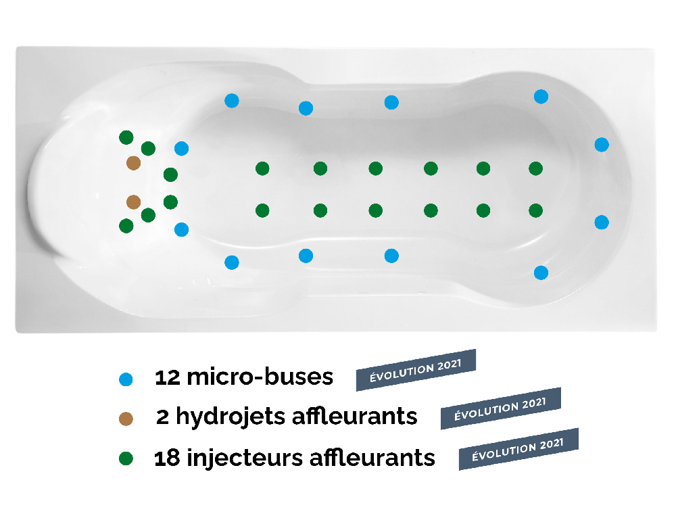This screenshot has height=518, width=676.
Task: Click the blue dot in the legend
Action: pos(126,379)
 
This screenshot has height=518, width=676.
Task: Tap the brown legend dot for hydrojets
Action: pos(126,419)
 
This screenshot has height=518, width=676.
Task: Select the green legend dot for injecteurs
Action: pos(126,458)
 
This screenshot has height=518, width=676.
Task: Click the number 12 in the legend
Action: pos(167,377)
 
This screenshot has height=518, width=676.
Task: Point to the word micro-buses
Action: pos(260,376)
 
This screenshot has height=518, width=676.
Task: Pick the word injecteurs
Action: pos(245,458)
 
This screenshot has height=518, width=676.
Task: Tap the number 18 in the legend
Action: pos(167,458)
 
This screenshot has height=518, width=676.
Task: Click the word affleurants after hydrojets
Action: pos(355,416)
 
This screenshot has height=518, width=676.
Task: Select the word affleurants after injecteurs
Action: pos(372,457)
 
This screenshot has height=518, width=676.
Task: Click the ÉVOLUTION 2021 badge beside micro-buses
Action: pos(416,370)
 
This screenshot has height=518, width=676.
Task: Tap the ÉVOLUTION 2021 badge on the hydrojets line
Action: pos(500,408)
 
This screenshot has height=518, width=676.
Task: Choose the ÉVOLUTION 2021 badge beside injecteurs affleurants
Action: pos(518,449)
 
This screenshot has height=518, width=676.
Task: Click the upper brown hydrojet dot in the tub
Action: pos(133,163)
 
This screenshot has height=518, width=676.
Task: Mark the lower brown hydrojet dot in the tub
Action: pos(133,202)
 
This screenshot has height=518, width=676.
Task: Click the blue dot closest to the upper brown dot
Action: pos(181,148)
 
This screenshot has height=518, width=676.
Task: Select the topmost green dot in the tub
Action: pos(126,137)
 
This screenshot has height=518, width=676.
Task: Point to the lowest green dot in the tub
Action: pos(126,226)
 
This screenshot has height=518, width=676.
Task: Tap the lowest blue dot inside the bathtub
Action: pos(541,273)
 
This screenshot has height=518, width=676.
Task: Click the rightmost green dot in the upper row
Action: pos(535,168)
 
